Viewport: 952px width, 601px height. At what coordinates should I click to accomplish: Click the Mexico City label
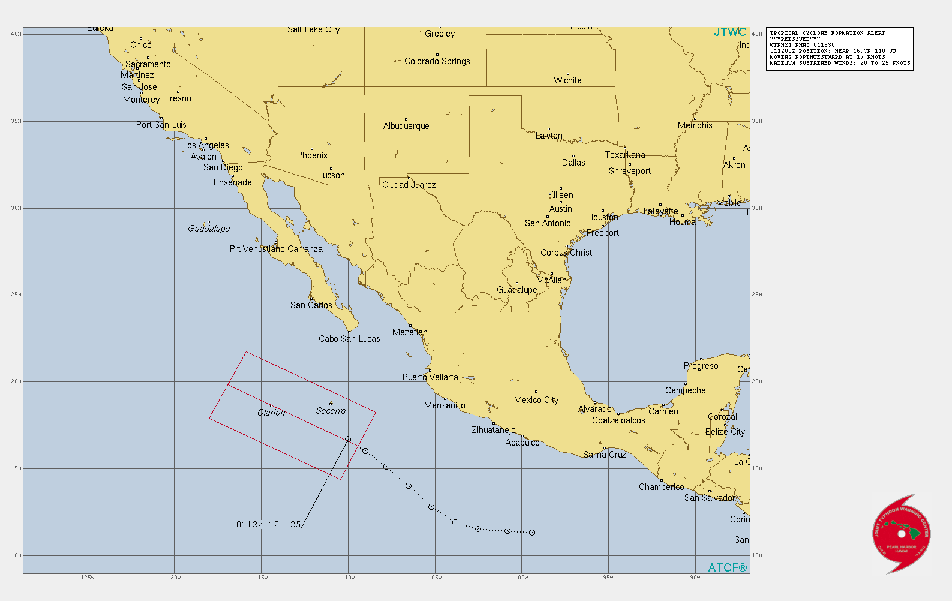pyautogui.click(x=536, y=400)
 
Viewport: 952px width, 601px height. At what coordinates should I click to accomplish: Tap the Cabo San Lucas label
pyautogui.click(x=349, y=339)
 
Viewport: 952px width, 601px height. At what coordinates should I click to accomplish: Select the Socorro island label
pyautogui.click(x=331, y=411)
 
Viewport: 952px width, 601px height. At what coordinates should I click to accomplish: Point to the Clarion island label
pyautogui.click(x=271, y=413)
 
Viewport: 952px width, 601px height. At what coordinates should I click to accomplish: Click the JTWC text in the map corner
pyautogui.click(x=730, y=32)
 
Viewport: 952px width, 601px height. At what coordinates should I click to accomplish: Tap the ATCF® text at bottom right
pyautogui.click(x=727, y=567)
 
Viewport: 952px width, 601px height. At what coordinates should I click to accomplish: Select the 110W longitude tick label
pyautogui.click(x=348, y=578)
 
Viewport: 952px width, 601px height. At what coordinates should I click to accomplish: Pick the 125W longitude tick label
pyautogui.click(x=88, y=578)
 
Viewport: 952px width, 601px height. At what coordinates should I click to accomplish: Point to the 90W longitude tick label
pyautogui.click(x=695, y=578)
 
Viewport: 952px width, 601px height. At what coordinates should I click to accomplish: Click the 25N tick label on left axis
pyautogui.click(x=16, y=295)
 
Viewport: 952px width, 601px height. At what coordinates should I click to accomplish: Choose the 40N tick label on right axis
pyautogui.click(x=757, y=34)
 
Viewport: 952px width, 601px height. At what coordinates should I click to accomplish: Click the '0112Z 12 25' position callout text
pyautogui.click(x=268, y=524)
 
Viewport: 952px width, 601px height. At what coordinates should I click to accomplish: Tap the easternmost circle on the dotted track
pyautogui.click(x=531, y=533)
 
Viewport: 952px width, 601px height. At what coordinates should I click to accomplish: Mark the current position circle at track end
pyautogui.click(x=348, y=439)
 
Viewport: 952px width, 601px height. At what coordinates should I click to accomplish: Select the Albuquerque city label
pyautogui.click(x=406, y=126)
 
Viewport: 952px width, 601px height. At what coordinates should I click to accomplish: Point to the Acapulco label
pyautogui.click(x=522, y=443)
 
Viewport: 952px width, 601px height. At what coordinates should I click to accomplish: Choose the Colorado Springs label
pyautogui.click(x=437, y=61)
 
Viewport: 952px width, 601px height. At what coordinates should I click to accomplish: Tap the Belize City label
pyautogui.click(x=725, y=432)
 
